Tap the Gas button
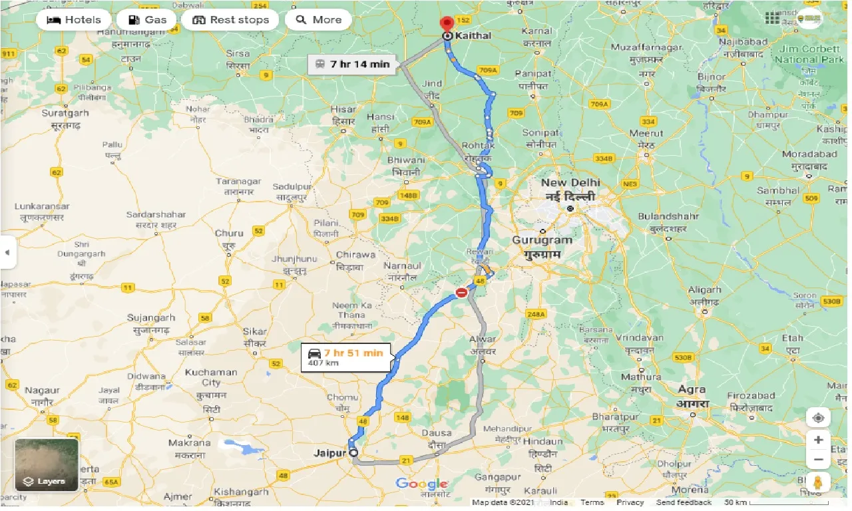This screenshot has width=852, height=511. coord(146,20)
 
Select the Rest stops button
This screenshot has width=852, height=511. coord(230,20)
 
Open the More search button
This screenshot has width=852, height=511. coord(318,20)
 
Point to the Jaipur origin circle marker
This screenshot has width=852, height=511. coord(353,453)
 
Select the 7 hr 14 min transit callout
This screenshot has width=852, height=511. coord(352,65)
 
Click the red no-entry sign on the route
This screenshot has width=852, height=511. coord(461,292)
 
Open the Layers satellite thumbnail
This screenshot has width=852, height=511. coord(47,464)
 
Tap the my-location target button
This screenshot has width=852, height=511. coord(818,418)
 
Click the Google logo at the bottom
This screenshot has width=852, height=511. coord(421,484)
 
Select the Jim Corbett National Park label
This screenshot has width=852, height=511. coord(809,55)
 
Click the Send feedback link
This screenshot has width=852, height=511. coord(684,503)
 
